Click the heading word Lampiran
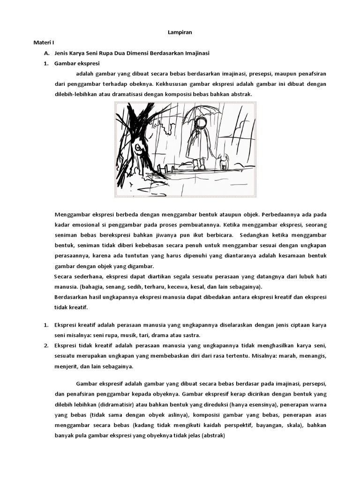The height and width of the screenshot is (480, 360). (x=180, y=32)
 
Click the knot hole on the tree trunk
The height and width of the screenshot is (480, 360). (x=138, y=149)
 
